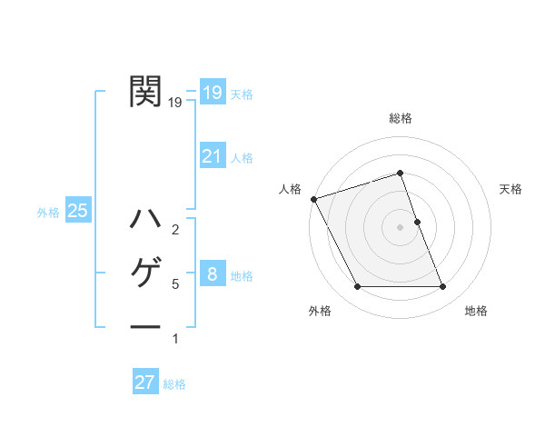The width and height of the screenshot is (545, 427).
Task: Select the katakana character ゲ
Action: click(145, 273)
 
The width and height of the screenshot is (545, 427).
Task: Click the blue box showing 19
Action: click(212, 93)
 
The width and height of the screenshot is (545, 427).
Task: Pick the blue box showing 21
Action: click(212, 156)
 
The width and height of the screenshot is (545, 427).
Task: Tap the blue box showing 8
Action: click(212, 274)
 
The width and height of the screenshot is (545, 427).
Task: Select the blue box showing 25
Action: click(77, 212)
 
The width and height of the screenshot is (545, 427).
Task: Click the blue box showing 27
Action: click(144, 382)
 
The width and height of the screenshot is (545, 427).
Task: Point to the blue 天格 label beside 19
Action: click(242, 94)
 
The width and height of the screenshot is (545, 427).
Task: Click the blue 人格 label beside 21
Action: click(242, 158)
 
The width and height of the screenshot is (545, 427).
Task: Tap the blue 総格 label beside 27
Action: click(174, 384)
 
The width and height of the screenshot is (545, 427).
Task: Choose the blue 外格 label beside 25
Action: click(48, 213)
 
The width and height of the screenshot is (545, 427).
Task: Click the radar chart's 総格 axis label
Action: click(401, 118)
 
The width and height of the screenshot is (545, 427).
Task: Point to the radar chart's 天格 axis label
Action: click(511, 189)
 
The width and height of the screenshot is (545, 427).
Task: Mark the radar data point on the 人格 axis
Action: click(313, 199)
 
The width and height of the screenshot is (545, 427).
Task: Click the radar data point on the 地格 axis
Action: click(443, 287)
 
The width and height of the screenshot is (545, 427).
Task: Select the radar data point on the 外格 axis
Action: click(357, 287)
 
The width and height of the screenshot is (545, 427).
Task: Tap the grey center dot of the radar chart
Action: click(401, 226)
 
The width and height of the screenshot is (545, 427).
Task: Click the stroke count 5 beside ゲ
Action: click(175, 284)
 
